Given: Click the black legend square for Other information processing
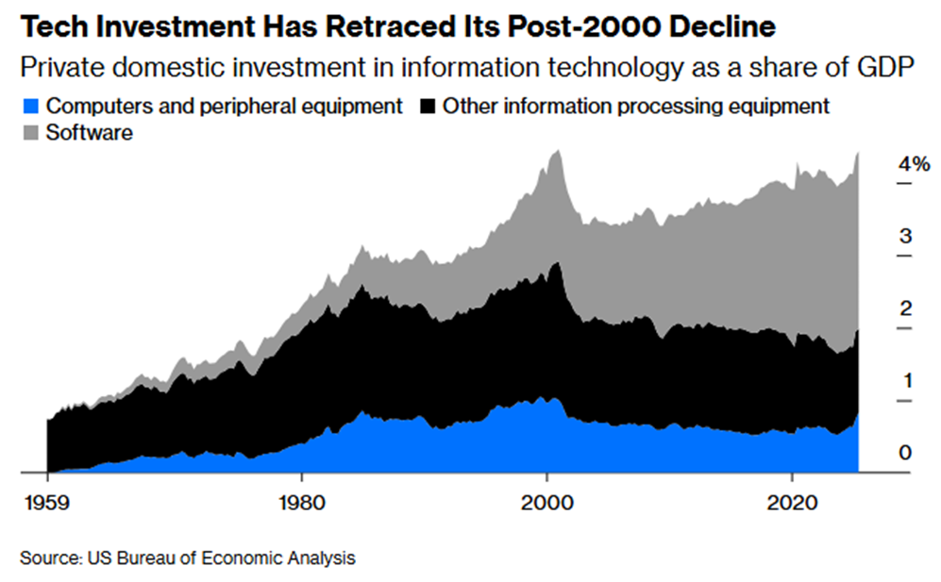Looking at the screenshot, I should point(427,106).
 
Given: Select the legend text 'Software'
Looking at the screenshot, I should point(90,133).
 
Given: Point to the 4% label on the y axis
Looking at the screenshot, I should point(914,163).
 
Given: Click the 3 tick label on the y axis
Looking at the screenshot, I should point(905,236).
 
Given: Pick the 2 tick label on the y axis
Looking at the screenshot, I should point(905,308).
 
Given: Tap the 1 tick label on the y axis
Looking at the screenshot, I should point(905,381).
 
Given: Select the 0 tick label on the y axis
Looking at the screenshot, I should point(905,454).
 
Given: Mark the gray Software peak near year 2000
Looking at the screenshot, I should point(557,154).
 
